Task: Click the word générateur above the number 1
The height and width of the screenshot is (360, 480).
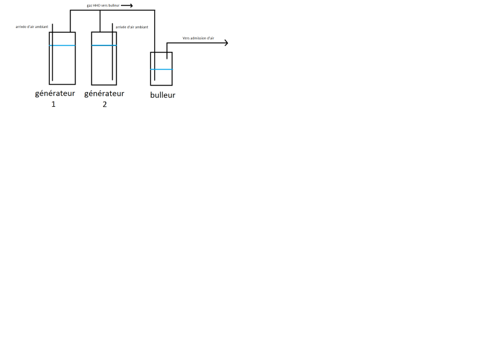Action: (54, 93)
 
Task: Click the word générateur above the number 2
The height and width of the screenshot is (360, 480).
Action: (104, 93)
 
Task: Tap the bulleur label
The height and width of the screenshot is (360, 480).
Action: (163, 95)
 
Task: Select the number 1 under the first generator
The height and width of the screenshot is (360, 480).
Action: (54, 104)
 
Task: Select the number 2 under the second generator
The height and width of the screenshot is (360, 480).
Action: (104, 104)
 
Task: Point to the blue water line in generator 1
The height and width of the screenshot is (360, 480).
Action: (63, 45)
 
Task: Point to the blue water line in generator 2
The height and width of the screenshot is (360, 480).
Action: (104, 45)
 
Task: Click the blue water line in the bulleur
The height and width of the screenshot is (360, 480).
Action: (162, 69)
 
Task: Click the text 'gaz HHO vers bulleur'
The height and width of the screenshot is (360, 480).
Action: (102, 5)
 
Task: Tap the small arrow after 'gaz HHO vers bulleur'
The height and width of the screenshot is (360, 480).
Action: (127, 5)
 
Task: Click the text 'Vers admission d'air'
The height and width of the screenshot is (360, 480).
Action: (198, 38)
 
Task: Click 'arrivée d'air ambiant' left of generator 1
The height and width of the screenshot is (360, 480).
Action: (32, 27)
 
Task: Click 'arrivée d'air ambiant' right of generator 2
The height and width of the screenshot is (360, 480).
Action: (131, 27)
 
